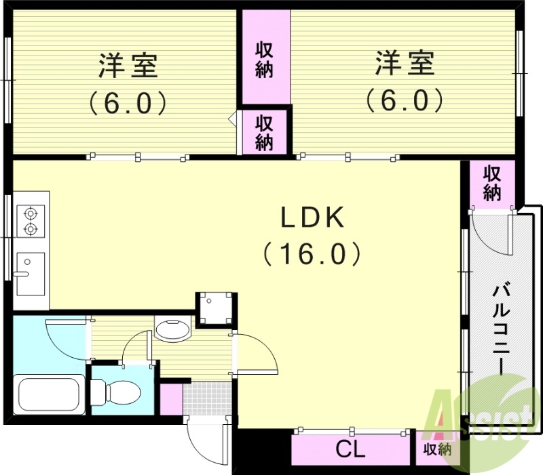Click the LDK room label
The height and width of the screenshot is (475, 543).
click(x=314, y=218)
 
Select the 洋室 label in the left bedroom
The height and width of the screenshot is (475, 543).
click(x=129, y=66)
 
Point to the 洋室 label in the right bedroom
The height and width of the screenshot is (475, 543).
click(x=405, y=66)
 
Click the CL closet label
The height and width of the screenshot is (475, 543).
click(x=351, y=449)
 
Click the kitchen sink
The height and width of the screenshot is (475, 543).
click(x=30, y=273)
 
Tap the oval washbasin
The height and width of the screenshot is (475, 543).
click(x=173, y=329)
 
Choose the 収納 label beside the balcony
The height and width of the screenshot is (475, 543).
click(x=491, y=182)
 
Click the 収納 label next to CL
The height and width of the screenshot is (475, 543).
click(x=437, y=449)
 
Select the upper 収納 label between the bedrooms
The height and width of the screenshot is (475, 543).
click(x=264, y=60)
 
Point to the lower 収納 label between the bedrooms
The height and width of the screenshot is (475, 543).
click(x=264, y=132)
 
